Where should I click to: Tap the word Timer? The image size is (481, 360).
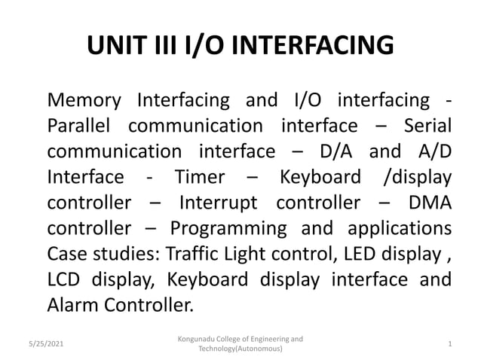coord(199,177)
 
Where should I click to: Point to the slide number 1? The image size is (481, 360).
coord(449,343)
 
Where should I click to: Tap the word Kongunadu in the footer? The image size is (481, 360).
coord(198,339)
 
